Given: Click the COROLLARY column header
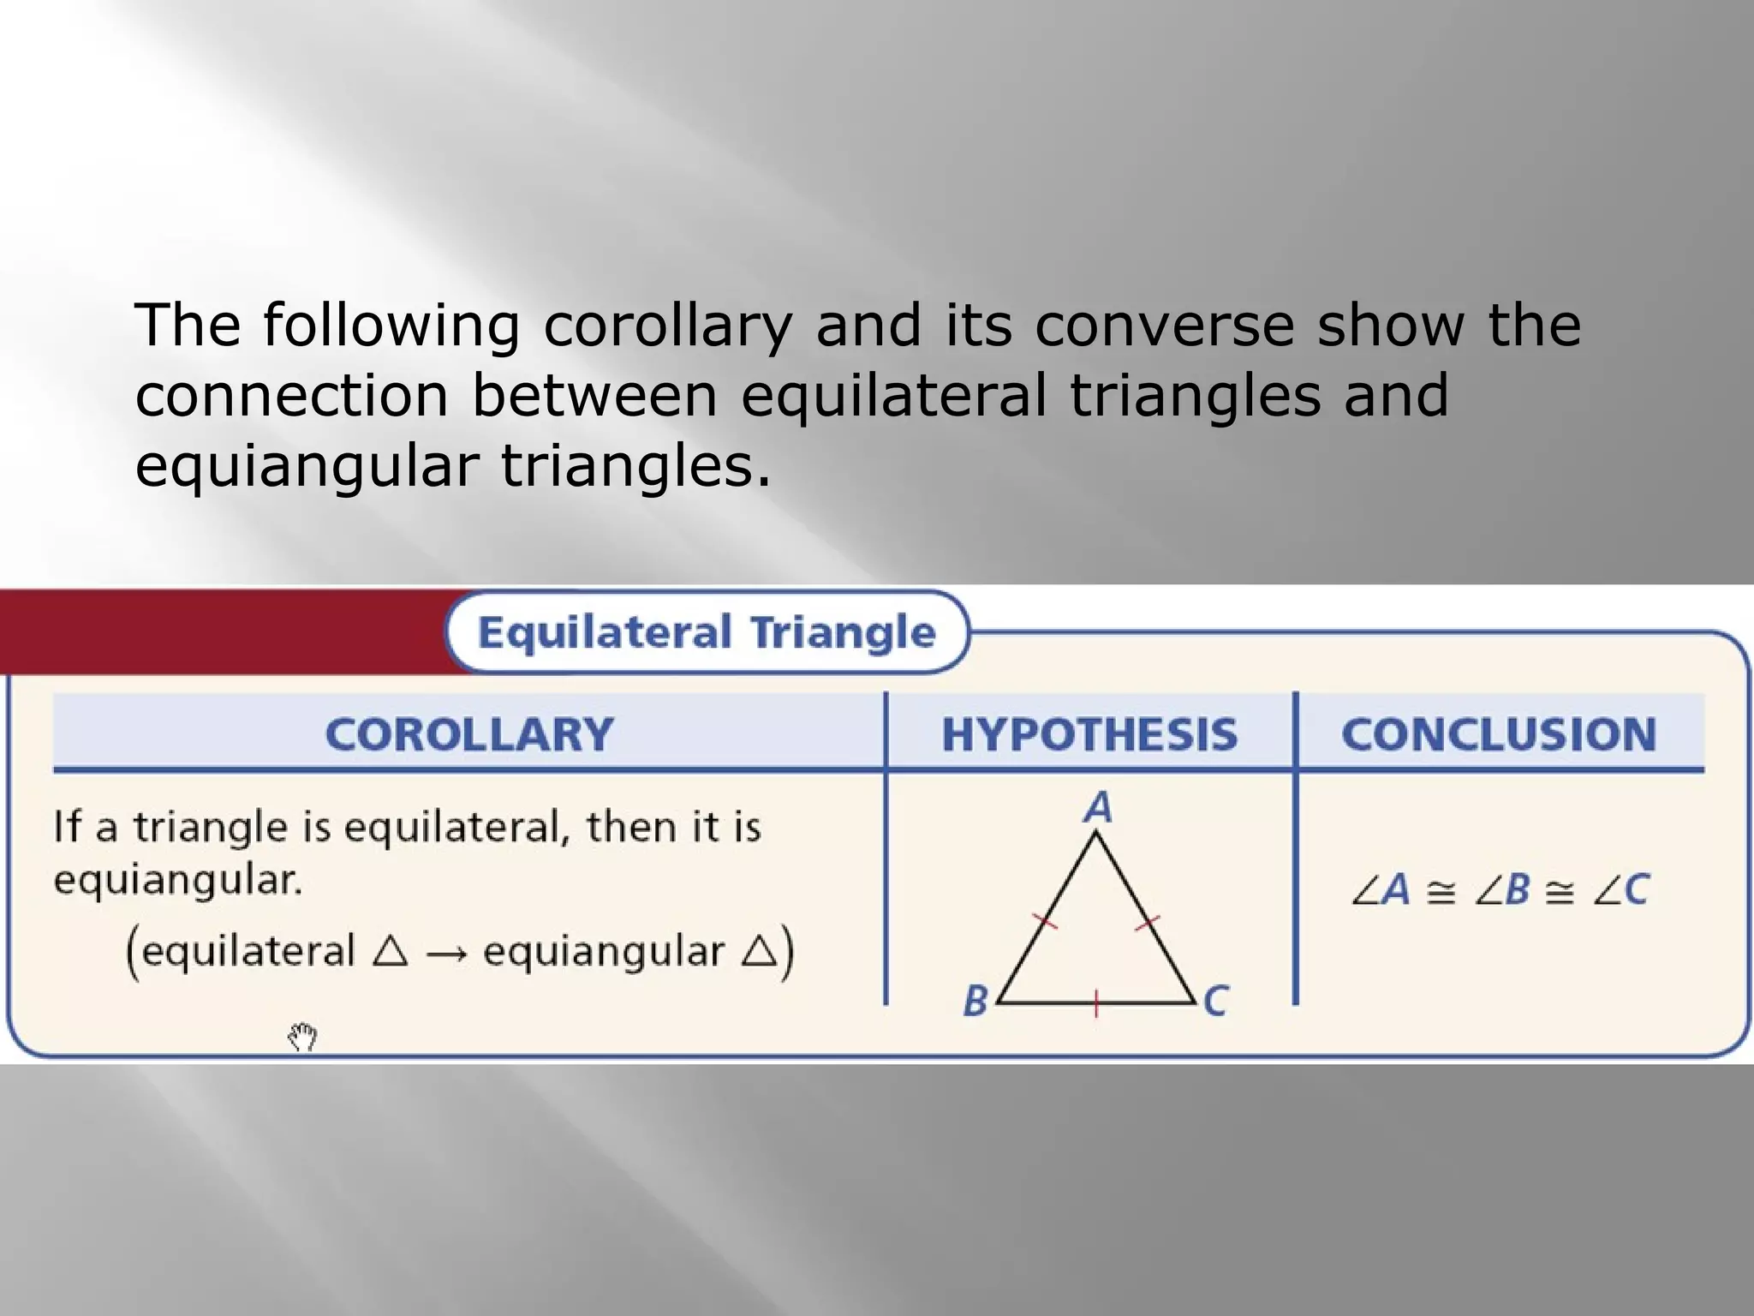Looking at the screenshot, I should [469, 734].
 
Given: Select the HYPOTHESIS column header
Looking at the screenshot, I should [1089, 734].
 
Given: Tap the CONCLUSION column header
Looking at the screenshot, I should [1499, 734].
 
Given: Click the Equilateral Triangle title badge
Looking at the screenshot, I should [707, 632].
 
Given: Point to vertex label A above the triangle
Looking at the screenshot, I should [1097, 807].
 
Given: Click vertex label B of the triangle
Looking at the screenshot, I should [975, 1001].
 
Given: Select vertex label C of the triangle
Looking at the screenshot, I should [1215, 1001].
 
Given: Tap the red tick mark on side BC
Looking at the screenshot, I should [1096, 1002].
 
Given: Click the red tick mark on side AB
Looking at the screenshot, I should [1045, 922].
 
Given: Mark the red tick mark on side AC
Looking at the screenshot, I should [1148, 923].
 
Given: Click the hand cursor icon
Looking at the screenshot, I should [302, 1037].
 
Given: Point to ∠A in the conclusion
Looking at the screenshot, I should [1381, 889].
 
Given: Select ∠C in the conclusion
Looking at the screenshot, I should [1620, 889].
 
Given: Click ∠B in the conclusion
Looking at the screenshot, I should [1501, 889].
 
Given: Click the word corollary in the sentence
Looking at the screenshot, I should [667, 326].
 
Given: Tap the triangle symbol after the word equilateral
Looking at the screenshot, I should [391, 951].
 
